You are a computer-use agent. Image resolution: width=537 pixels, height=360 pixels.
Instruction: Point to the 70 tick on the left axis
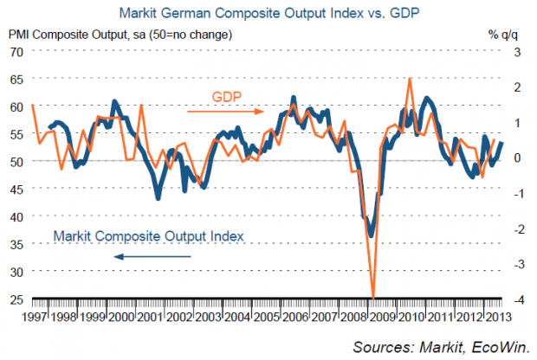click(x=16, y=51)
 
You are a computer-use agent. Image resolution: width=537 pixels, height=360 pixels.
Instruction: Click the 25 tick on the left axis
click(x=16, y=299)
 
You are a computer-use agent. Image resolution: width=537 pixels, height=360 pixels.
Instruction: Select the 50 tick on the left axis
click(x=16, y=161)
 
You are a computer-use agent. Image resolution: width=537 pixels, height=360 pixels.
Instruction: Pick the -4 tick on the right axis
click(x=517, y=299)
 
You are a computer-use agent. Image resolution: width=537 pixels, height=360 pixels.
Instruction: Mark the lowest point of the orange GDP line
click(x=372, y=298)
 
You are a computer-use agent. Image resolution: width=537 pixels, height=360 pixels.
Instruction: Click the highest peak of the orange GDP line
click(x=409, y=79)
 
